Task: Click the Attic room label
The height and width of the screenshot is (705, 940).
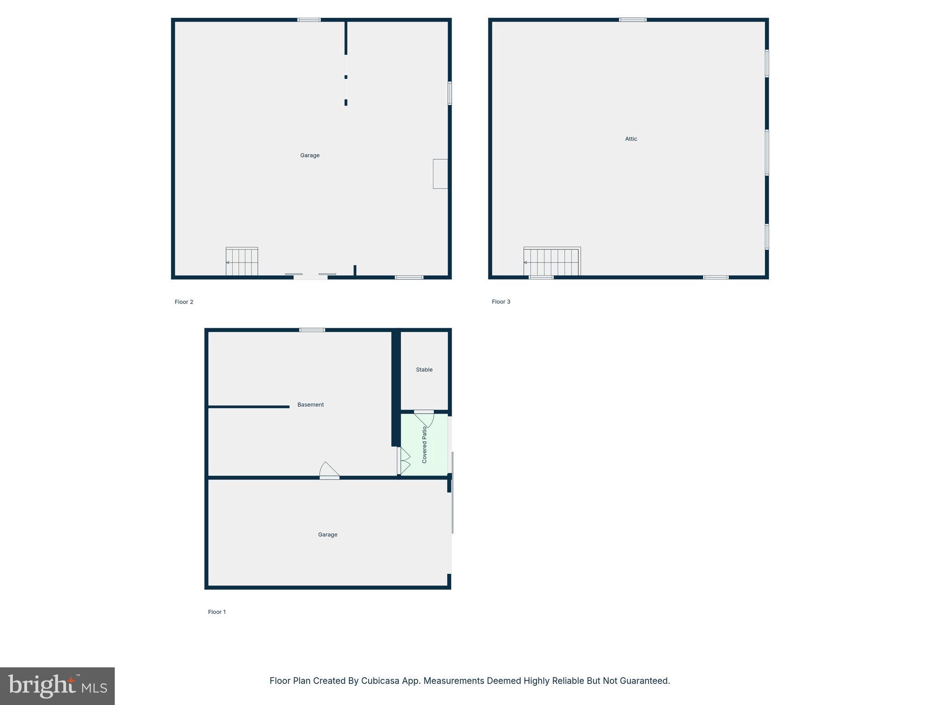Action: click(x=631, y=139)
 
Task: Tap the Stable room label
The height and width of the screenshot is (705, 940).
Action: click(x=424, y=369)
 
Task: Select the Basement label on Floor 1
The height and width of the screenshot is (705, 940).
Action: click(x=310, y=404)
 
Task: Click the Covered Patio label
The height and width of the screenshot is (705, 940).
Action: click(x=425, y=445)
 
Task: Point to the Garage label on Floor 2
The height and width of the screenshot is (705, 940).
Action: click(x=310, y=156)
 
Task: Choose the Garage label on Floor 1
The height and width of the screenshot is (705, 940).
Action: click(x=328, y=535)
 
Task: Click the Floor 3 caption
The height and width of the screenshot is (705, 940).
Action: click(x=501, y=302)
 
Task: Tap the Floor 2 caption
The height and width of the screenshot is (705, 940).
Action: click(x=184, y=302)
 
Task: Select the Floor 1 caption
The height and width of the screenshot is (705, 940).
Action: click(x=217, y=612)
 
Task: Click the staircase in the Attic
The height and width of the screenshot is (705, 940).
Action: click(x=552, y=262)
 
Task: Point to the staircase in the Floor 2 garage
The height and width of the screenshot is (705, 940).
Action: click(x=242, y=262)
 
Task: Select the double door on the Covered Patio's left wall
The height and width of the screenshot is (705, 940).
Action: click(x=404, y=461)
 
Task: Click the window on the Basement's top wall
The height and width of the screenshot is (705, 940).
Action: click(x=312, y=330)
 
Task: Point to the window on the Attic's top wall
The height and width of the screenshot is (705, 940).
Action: click(x=632, y=20)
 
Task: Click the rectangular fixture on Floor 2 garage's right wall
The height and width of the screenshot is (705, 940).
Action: click(x=440, y=173)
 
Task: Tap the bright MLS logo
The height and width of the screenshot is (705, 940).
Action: click(x=57, y=686)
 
